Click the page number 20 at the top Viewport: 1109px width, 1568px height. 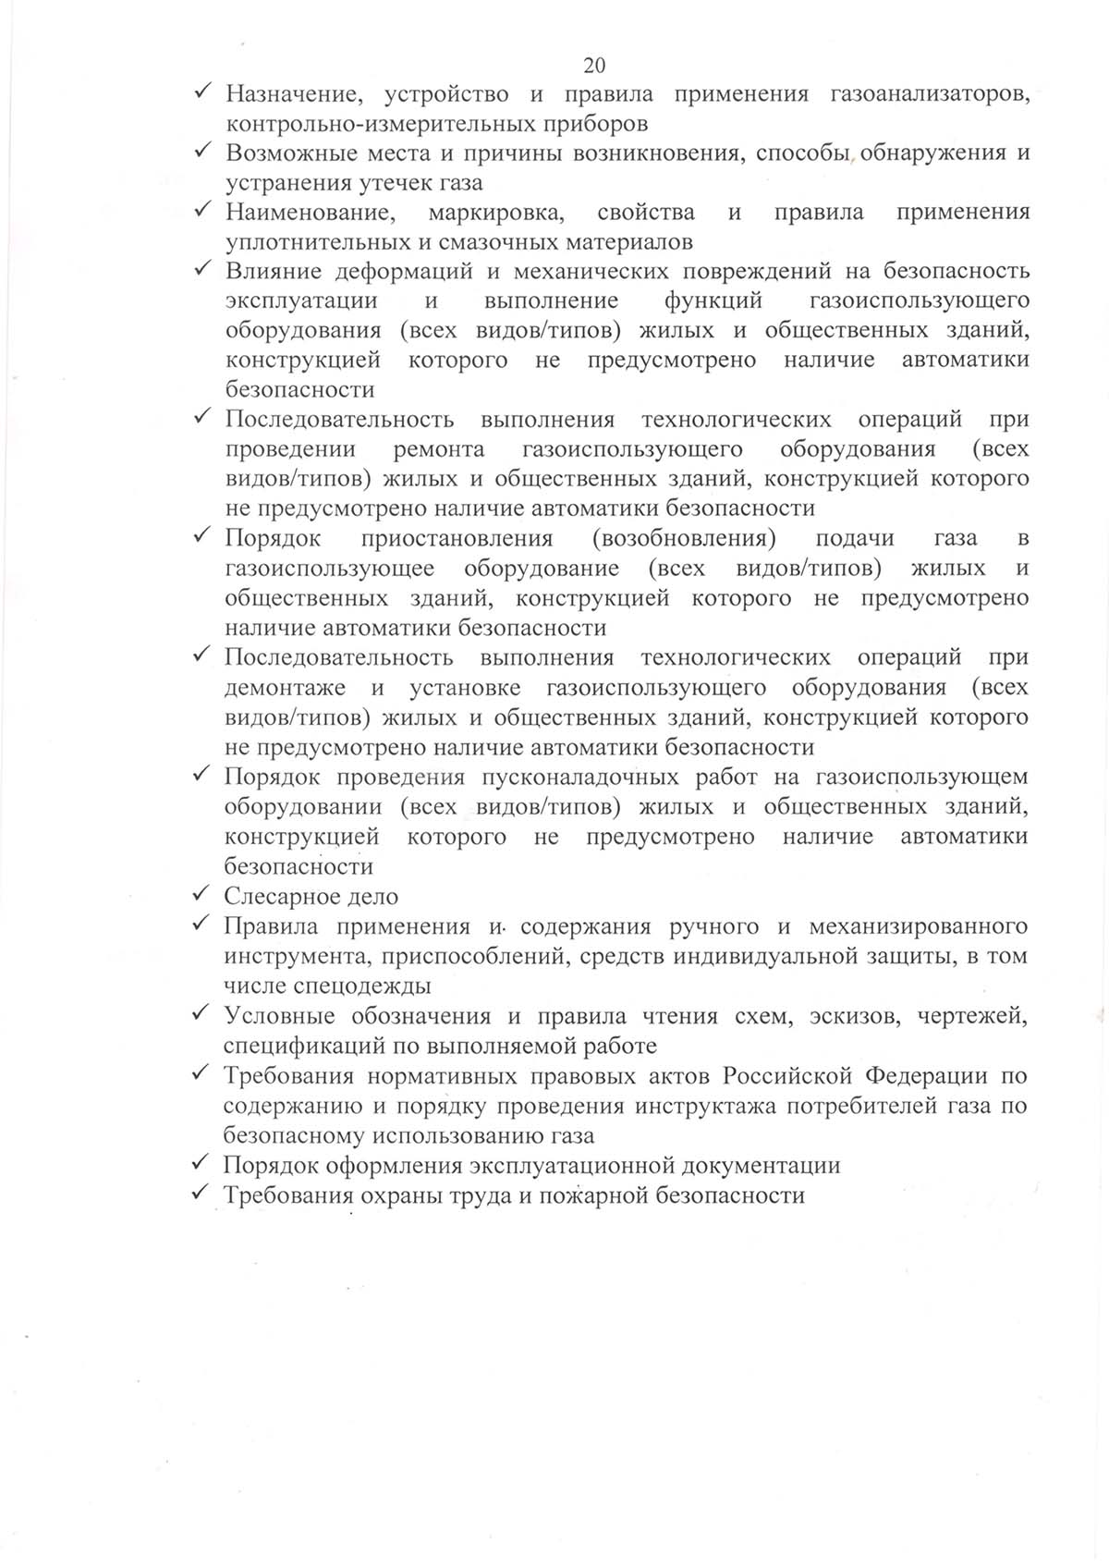594,65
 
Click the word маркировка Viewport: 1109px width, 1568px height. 496,213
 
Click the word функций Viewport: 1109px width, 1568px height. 713,301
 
